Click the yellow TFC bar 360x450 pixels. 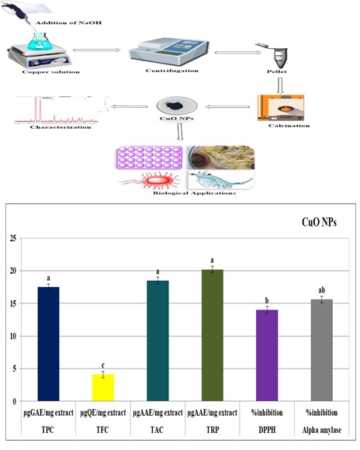click(103, 387)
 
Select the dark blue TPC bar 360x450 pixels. click(49, 344)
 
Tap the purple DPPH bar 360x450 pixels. click(267, 355)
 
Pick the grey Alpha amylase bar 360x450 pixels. click(322, 350)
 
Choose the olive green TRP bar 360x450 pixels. click(213, 335)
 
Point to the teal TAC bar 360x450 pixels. click(157, 341)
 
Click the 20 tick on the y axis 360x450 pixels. click(13, 271)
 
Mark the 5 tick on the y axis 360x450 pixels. click(15, 369)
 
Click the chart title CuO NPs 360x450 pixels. click(319, 222)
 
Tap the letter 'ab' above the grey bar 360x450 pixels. click(322, 290)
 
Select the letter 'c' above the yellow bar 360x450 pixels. click(103, 365)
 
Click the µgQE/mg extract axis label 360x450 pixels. click(103, 413)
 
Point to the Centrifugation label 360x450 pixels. click(172, 71)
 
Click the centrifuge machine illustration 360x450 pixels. click(169, 52)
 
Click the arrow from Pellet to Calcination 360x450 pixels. click(280, 85)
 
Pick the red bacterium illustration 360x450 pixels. click(152, 181)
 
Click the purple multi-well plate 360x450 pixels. click(149, 157)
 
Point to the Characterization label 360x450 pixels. click(61, 127)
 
